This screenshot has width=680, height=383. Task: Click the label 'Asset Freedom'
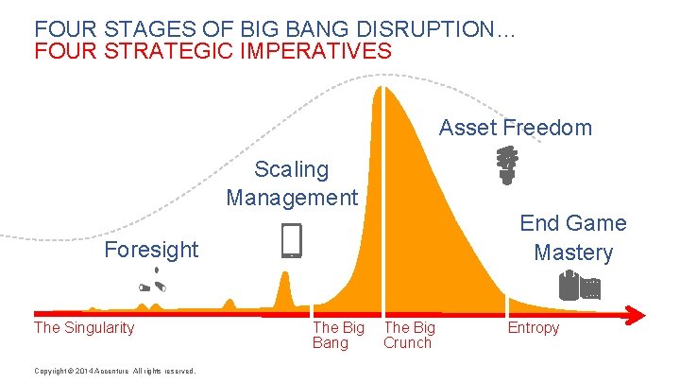(x=516, y=128)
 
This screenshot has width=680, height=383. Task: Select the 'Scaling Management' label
(x=292, y=183)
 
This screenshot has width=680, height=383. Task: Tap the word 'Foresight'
(x=151, y=250)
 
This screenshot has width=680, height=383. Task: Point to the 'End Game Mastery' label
(x=572, y=237)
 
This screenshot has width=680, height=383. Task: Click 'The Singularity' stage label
(x=84, y=328)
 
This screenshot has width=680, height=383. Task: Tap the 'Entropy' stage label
(x=533, y=328)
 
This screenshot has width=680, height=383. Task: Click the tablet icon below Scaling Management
(x=292, y=241)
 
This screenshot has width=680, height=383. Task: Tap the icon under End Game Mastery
(x=579, y=285)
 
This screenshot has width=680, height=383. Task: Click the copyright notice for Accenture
(x=114, y=371)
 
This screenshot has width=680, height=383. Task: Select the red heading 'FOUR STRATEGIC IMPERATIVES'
(x=212, y=50)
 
